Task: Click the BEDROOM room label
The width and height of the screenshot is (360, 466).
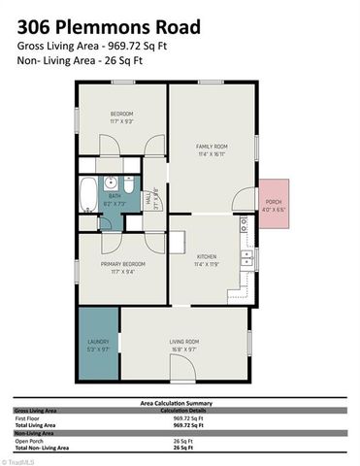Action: click(x=121, y=115)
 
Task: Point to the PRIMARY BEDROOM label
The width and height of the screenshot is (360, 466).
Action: click(x=122, y=264)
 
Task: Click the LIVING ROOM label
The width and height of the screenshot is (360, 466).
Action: click(x=184, y=342)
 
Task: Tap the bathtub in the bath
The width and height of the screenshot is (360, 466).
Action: click(x=87, y=194)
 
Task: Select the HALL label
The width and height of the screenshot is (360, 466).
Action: click(x=147, y=198)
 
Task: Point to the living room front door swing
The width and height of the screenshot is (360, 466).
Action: click(x=180, y=369)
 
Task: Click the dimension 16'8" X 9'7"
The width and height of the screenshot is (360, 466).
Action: click(x=184, y=349)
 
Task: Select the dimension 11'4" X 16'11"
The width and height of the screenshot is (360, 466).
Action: click(x=211, y=152)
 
